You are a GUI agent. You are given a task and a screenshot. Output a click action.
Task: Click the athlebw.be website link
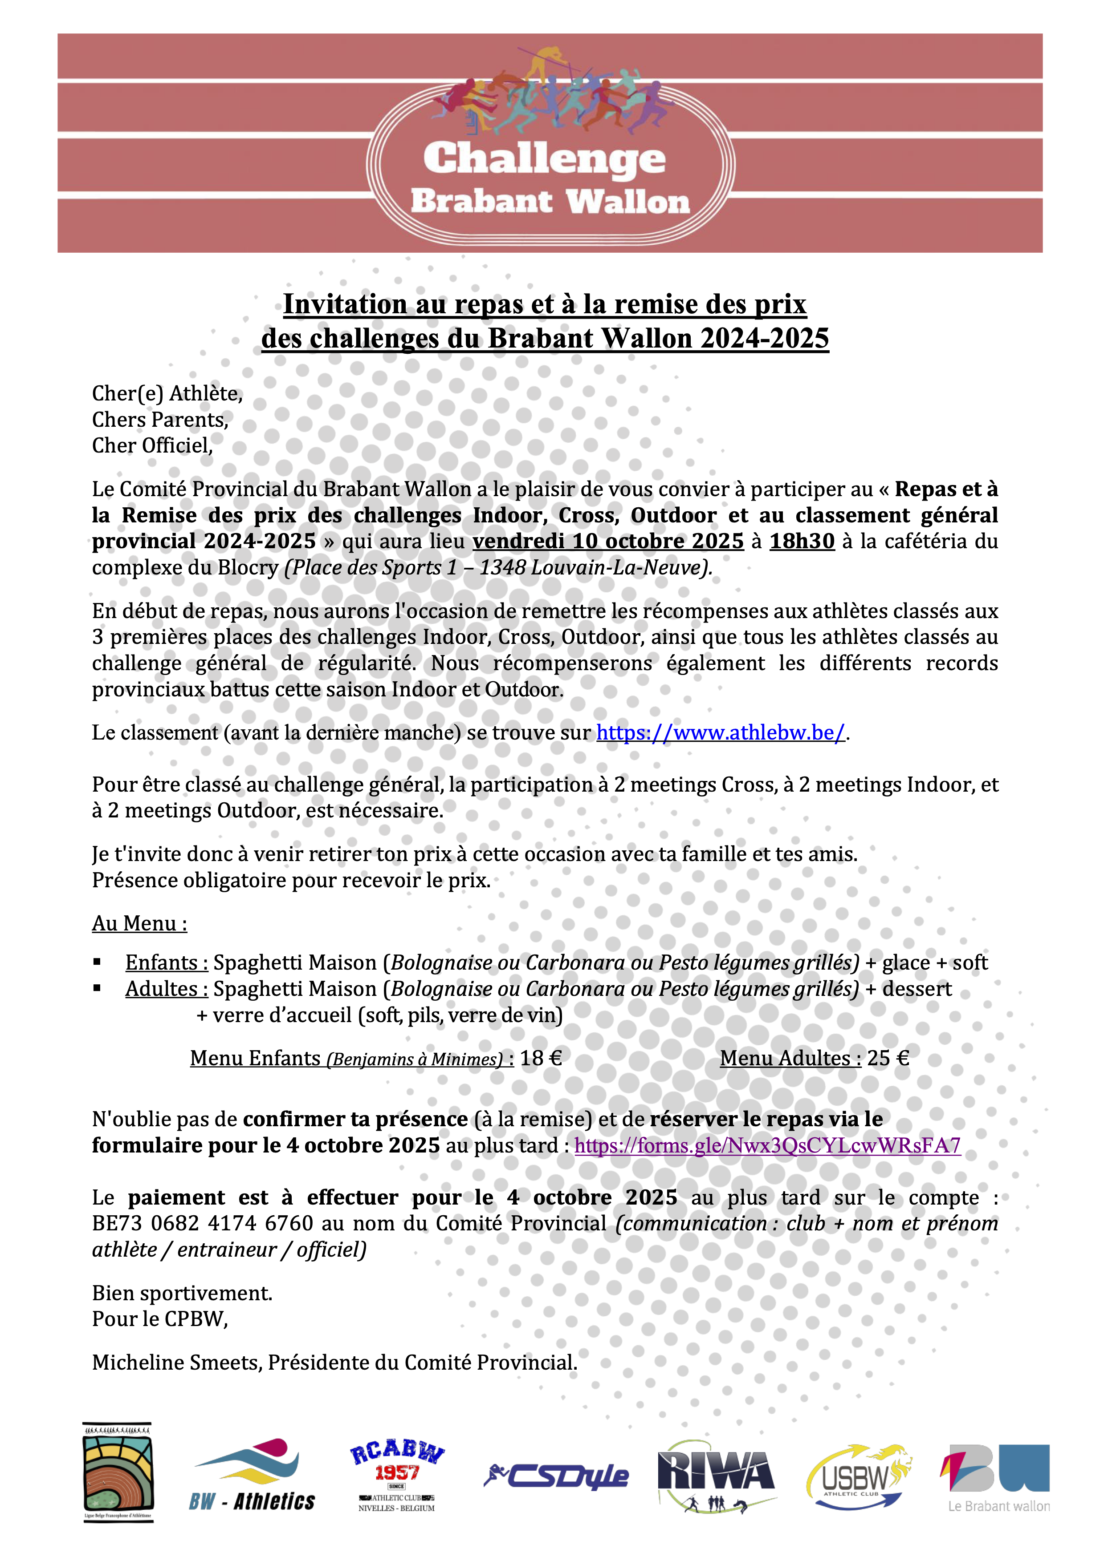pos(721,733)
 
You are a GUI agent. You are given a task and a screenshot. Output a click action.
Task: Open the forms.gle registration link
pos(767,1145)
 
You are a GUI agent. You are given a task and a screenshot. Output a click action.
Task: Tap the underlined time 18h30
pos(802,541)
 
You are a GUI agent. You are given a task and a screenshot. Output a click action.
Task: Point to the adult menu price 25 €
pos(888,1059)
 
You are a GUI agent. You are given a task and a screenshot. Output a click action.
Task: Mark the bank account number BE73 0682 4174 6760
pos(203,1224)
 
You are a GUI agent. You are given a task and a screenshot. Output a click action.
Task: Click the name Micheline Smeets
pos(176,1363)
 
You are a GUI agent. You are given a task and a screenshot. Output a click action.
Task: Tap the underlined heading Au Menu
pos(139,924)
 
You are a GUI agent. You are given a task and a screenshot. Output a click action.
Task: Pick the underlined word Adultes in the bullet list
pos(166,989)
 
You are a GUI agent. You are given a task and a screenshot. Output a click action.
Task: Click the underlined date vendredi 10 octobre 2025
pos(608,541)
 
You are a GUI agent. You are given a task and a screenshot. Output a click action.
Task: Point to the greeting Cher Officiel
pos(152,446)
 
